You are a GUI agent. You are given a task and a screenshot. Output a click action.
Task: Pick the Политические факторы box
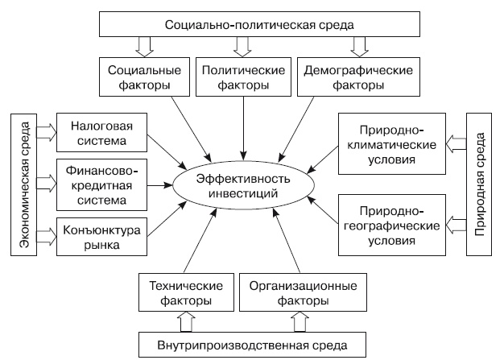(x=242, y=77)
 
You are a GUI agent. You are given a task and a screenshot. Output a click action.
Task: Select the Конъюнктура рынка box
(x=101, y=238)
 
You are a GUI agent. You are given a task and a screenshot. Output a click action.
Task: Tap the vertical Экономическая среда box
(x=23, y=185)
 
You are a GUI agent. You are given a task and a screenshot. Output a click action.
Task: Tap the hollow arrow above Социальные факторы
(x=143, y=47)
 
